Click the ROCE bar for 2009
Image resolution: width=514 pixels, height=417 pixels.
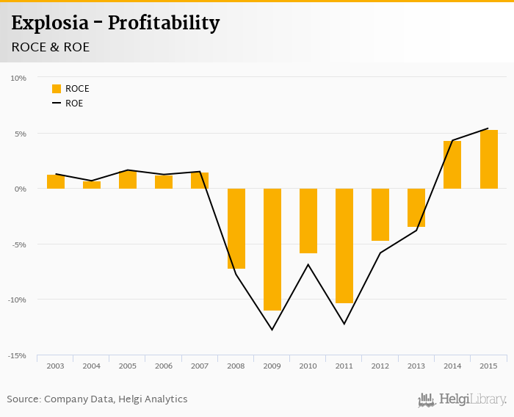[272, 250]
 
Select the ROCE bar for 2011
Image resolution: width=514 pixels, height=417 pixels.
[344, 246]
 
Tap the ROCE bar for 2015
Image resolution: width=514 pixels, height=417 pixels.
[489, 159]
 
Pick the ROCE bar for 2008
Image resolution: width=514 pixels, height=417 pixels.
[236, 228]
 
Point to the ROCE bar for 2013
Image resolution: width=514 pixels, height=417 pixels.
[416, 208]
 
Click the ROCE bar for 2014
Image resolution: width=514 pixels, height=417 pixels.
[452, 164]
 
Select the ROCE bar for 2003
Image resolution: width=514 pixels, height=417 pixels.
[56, 181]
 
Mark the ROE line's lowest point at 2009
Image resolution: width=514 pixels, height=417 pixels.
[272, 330]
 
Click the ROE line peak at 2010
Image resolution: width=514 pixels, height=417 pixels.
[308, 264]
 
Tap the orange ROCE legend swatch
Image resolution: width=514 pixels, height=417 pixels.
[57, 89]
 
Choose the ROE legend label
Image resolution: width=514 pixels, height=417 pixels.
[74, 104]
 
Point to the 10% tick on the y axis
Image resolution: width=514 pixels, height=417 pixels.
[18, 78]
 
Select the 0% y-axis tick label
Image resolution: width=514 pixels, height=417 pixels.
[20, 189]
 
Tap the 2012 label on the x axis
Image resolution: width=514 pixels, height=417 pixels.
[380, 366]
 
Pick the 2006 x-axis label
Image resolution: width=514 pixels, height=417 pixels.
[164, 366]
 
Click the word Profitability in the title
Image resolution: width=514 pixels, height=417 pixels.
[164, 23]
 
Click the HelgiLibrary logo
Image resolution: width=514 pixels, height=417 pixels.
[463, 399]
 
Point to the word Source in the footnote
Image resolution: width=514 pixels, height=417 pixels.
[23, 399]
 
